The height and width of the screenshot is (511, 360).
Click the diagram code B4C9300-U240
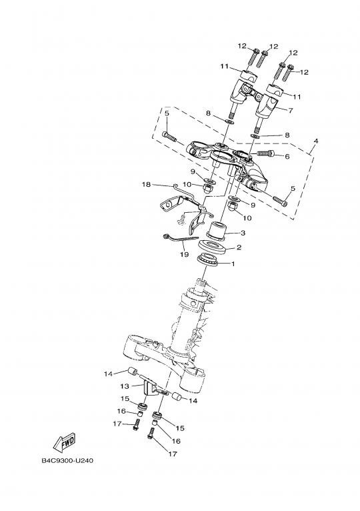point(67,461)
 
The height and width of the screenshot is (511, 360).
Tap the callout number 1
point(233,264)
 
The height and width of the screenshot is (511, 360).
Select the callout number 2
point(239,247)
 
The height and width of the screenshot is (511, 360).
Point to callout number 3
point(243,233)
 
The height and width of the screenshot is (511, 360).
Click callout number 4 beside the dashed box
point(316,141)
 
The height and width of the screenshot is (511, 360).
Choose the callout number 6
point(287,156)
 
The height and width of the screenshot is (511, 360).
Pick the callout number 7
point(291,111)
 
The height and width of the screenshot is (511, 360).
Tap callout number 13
point(125,386)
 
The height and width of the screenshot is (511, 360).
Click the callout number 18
point(146,185)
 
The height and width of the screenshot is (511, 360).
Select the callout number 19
point(184,254)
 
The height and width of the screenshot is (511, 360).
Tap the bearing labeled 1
point(208,260)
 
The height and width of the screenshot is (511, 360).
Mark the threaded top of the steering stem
point(201,285)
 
